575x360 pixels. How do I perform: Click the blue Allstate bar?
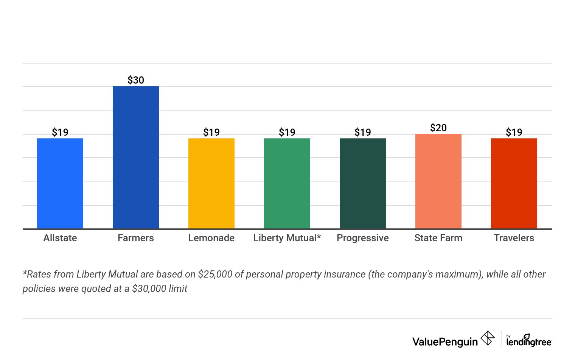[60, 183]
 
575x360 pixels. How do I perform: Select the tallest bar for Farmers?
[136, 157]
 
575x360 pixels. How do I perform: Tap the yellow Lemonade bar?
[211, 183]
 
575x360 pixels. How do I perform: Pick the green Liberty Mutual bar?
[287, 183]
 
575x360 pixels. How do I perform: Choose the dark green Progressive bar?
[363, 183]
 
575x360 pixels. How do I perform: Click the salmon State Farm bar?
[438, 181]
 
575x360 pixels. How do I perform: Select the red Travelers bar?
[514, 183]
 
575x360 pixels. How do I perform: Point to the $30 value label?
[136, 80]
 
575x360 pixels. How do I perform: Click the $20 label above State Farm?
[438, 128]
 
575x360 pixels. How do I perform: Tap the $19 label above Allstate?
[60, 132]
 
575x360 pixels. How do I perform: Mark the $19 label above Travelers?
[514, 132]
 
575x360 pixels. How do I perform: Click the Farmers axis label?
[136, 238]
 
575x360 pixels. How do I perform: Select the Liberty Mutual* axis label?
[287, 238]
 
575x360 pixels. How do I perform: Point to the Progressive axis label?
[363, 238]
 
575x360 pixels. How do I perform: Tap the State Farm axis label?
[438, 238]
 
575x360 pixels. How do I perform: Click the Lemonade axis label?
[211, 238]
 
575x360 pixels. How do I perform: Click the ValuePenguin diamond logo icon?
[488, 338]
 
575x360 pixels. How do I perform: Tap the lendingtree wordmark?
[529, 341]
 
